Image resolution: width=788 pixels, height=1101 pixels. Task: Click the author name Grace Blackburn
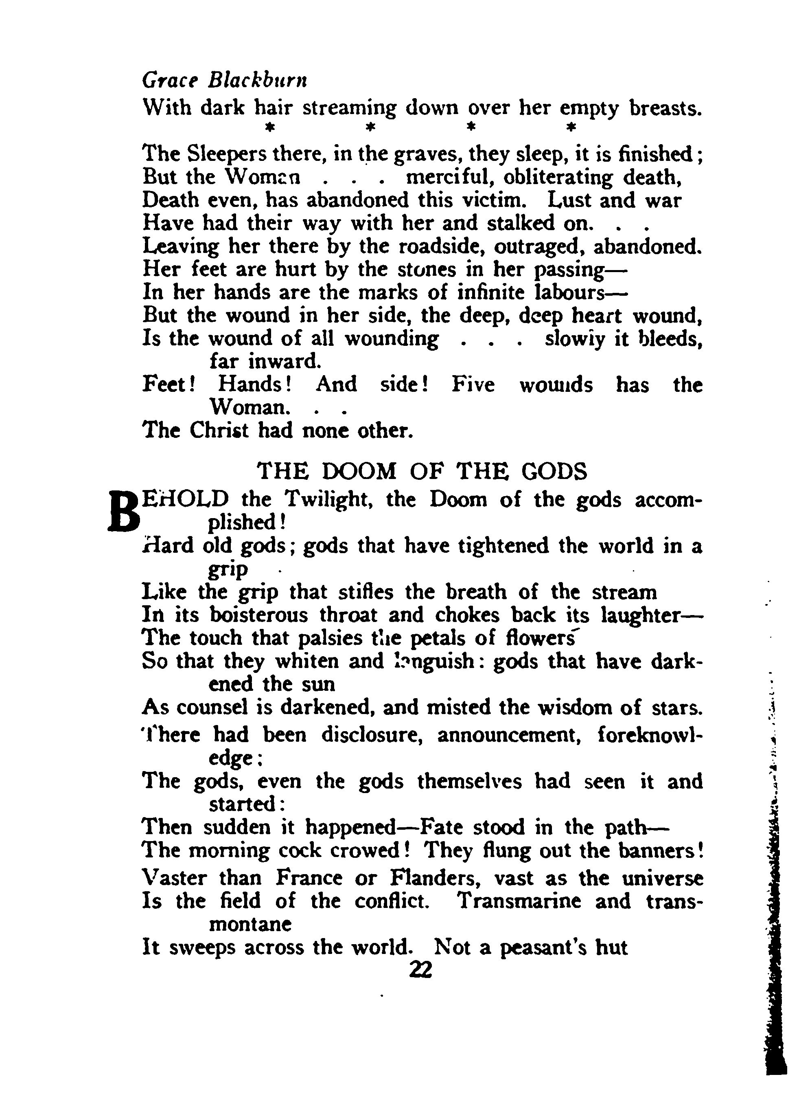click(225, 79)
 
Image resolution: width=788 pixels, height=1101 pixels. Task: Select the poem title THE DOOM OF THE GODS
click(422, 471)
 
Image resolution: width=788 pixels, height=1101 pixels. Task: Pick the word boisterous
click(258, 615)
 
